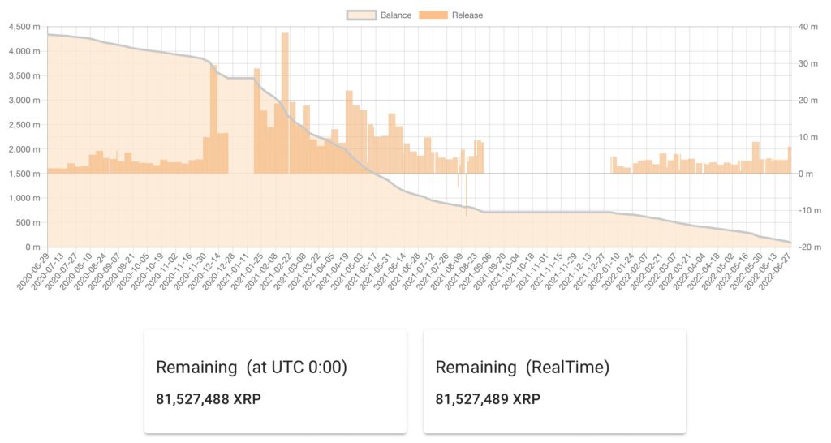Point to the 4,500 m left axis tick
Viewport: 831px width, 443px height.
click(24, 27)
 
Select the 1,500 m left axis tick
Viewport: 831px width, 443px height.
click(24, 174)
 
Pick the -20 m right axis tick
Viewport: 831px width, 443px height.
click(807, 247)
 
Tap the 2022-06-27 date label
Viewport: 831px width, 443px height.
click(775, 271)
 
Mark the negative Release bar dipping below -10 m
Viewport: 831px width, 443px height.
click(466, 207)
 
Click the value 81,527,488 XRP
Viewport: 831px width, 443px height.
click(209, 399)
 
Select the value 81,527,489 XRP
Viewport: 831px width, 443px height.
click(488, 399)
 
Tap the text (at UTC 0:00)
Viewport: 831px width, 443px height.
click(296, 367)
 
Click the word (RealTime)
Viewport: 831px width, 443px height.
click(567, 367)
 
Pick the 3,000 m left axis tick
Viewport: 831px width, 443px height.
click(24, 100)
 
